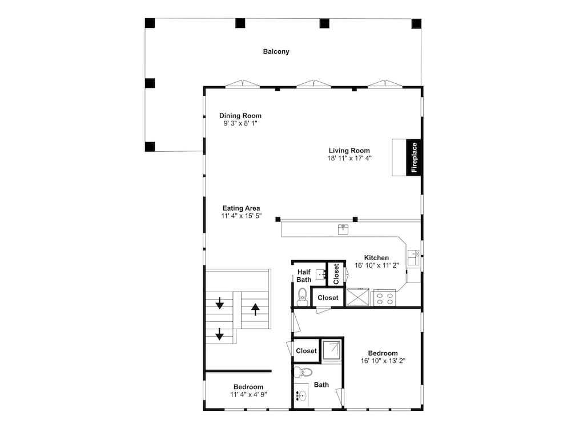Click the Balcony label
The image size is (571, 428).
(x=276, y=51)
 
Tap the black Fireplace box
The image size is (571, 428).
(x=414, y=157)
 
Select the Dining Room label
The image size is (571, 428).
(x=240, y=116)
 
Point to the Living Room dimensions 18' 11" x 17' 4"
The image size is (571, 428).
(x=349, y=158)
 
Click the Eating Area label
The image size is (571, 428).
(x=241, y=208)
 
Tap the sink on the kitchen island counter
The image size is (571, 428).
(x=343, y=229)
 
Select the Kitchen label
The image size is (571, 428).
(x=376, y=258)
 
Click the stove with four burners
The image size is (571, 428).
(x=385, y=297)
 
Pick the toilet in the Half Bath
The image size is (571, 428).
(x=303, y=297)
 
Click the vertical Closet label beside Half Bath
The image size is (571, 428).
(x=336, y=274)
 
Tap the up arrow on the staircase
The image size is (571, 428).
(x=255, y=310)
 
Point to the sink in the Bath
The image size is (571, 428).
(x=302, y=395)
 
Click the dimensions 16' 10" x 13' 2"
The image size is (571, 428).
(x=383, y=360)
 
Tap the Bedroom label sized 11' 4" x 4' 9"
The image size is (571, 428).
(x=247, y=386)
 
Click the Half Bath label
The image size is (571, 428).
(x=304, y=276)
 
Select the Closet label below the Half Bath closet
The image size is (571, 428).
(x=328, y=297)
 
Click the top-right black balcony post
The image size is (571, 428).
(x=416, y=23)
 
